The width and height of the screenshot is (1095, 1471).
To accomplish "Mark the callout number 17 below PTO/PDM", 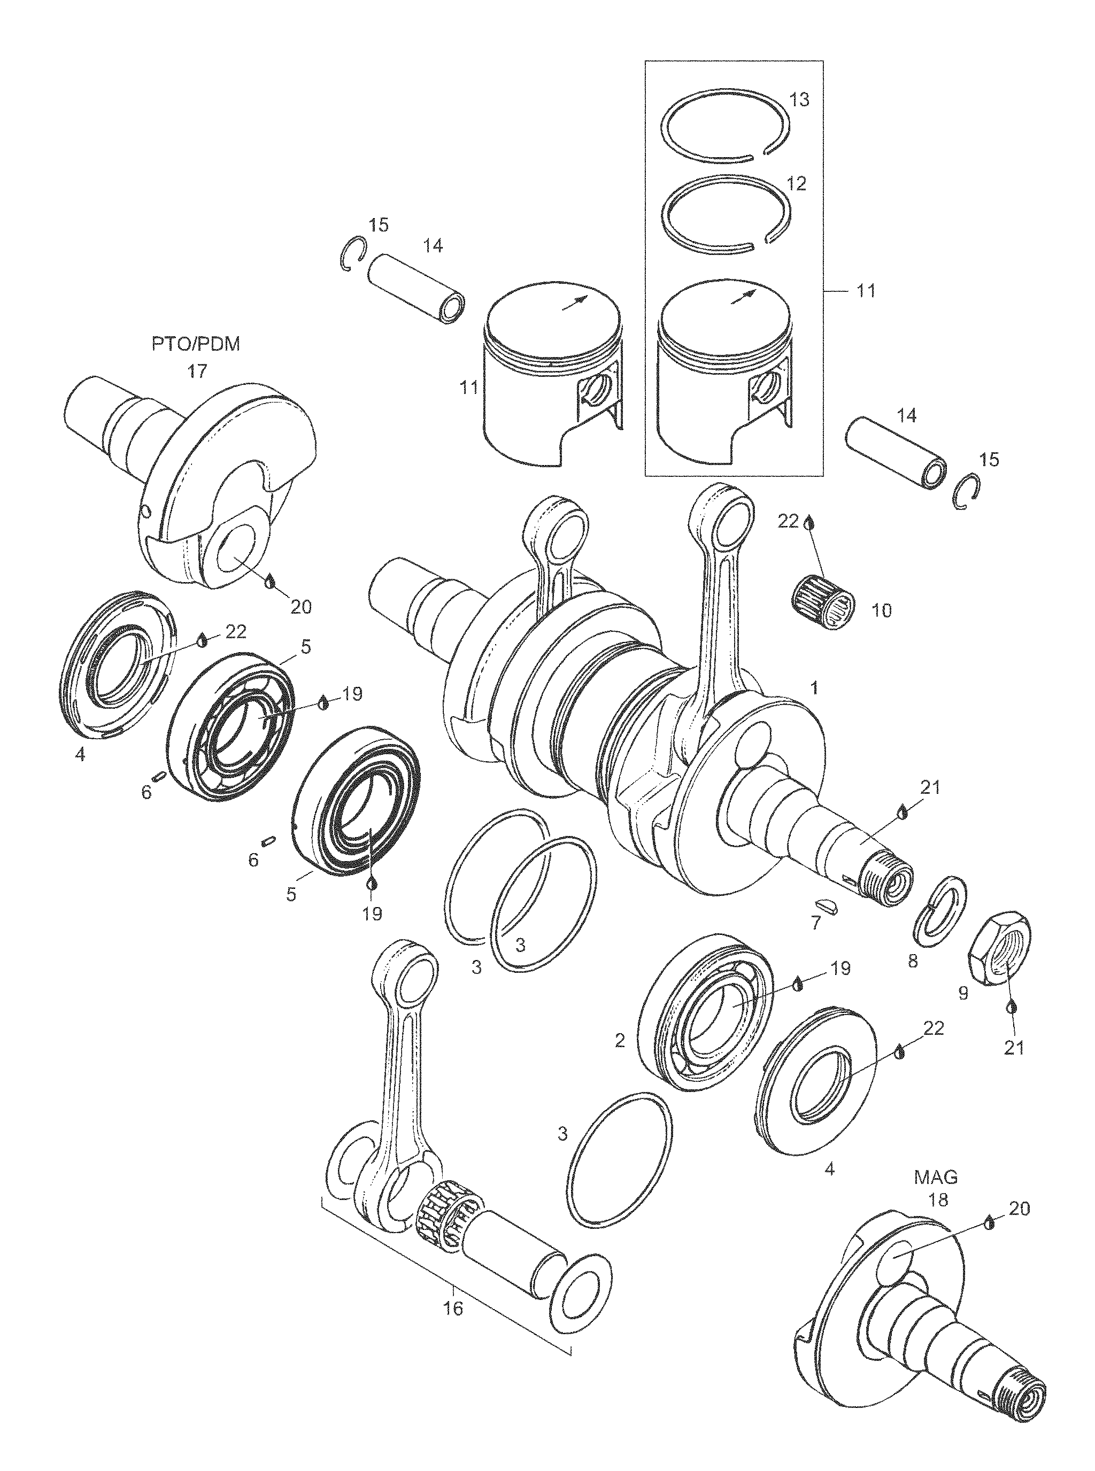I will click(x=197, y=371).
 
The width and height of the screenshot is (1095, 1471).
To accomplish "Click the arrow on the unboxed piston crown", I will click(x=574, y=302).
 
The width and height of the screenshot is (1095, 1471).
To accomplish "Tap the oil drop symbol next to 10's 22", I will click(x=808, y=523).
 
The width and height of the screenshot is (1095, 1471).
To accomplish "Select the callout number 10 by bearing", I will click(x=882, y=610).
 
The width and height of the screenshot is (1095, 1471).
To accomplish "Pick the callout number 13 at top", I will click(x=800, y=100).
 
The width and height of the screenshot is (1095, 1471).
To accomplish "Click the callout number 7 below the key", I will click(x=816, y=924).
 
